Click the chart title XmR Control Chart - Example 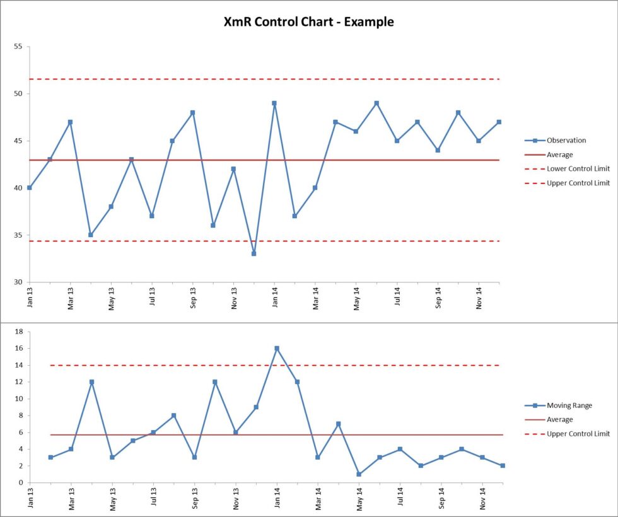click(x=309, y=22)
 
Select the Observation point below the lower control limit click(x=254, y=253)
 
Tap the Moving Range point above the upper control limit click(x=277, y=348)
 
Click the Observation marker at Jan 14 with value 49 click(x=274, y=103)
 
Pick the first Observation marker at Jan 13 click(x=30, y=188)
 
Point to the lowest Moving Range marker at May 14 click(x=359, y=474)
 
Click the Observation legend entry click(x=566, y=141)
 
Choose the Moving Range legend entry click(x=569, y=405)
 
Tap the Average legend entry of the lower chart click(x=559, y=419)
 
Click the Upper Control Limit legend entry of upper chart click(x=578, y=183)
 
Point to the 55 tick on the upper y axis click(x=18, y=47)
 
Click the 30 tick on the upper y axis click(x=18, y=282)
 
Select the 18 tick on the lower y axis click(x=19, y=332)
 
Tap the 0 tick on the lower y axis click(x=21, y=482)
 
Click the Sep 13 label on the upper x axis click(x=193, y=298)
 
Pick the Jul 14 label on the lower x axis click(x=400, y=498)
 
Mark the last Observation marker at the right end click(x=499, y=122)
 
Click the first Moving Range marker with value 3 click(x=50, y=457)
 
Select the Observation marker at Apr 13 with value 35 click(x=91, y=235)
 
